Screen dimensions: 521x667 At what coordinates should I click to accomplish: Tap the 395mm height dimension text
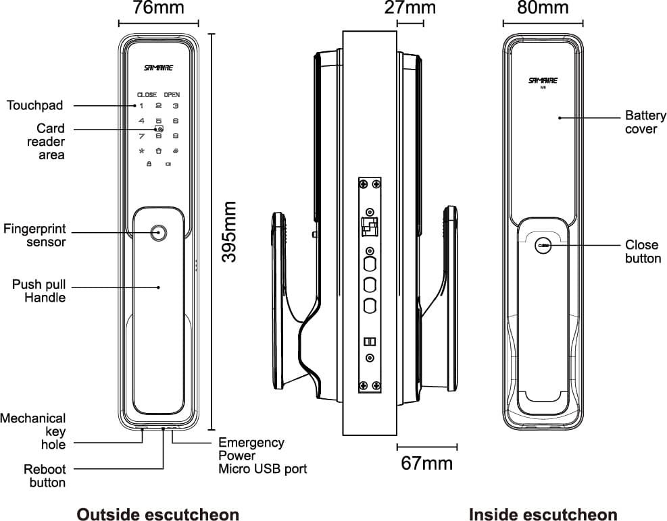pyautogui.click(x=230, y=231)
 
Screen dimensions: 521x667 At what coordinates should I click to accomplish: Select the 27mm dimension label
pyautogui.click(x=410, y=9)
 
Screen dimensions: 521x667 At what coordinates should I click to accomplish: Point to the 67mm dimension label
pyautogui.click(x=426, y=464)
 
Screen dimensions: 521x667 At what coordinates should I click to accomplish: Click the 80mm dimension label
pyautogui.click(x=543, y=9)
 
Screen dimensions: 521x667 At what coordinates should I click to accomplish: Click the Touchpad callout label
pyautogui.click(x=35, y=105)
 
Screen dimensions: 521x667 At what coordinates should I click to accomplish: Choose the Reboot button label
pyautogui.click(x=45, y=476)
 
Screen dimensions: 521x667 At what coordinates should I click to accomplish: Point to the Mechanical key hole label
pyautogui.click(x=34, y=431)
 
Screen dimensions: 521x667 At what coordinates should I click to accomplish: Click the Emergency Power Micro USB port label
pyautogui.click(x=262, y=456)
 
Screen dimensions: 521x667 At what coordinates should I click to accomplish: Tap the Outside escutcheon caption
pyautogui.click(x=157, y=515)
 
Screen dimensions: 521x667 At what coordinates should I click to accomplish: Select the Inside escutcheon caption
pyautogui.click(x=543, y=515)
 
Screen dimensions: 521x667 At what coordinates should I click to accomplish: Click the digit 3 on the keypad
pyautogui.click(x=175, y=106)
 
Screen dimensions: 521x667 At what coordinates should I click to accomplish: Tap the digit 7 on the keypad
pyautogui.click(x=141, y=136)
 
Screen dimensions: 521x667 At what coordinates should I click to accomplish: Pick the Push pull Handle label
pyautogui.click(x=39, y=291)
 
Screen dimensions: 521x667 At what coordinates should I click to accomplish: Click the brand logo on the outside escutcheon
pyautogui.click(x=159, y=68)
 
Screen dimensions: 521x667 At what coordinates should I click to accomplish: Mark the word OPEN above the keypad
pyautogui.click(x=172, y=95)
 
